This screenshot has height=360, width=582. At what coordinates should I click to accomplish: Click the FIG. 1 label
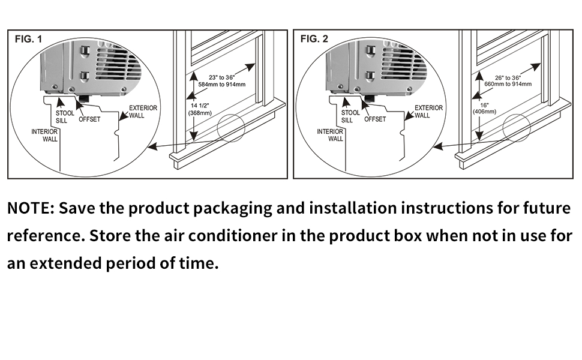click(x=28, y=40)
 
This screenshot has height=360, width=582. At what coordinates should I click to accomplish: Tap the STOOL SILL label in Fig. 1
click(x=65, y=116)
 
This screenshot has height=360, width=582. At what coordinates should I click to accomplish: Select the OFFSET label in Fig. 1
click(x=89, y=119)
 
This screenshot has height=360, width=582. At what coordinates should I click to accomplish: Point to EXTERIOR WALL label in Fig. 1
click(x=143, y=112)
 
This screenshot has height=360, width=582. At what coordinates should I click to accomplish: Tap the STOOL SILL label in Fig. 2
click(x=350, y=116)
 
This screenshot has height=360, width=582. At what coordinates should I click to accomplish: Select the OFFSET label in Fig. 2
click(x=375, y=119)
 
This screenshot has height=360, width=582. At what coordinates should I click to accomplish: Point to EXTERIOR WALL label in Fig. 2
click(x=428, y=112)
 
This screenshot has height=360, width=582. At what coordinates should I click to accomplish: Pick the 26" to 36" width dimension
click(x=508, y=77)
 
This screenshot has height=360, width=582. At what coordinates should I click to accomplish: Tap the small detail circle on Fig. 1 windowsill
click(x=232, y=127)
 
